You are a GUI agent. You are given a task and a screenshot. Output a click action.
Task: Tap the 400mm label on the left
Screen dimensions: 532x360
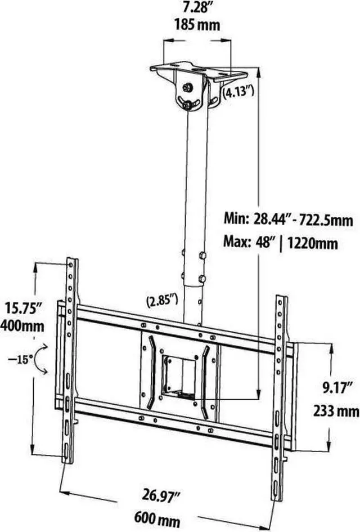[22, 325]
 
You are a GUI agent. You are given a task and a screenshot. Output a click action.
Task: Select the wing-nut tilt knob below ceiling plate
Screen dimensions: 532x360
[186, 103]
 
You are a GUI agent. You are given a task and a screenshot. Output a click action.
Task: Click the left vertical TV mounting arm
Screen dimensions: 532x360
[70, 360]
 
